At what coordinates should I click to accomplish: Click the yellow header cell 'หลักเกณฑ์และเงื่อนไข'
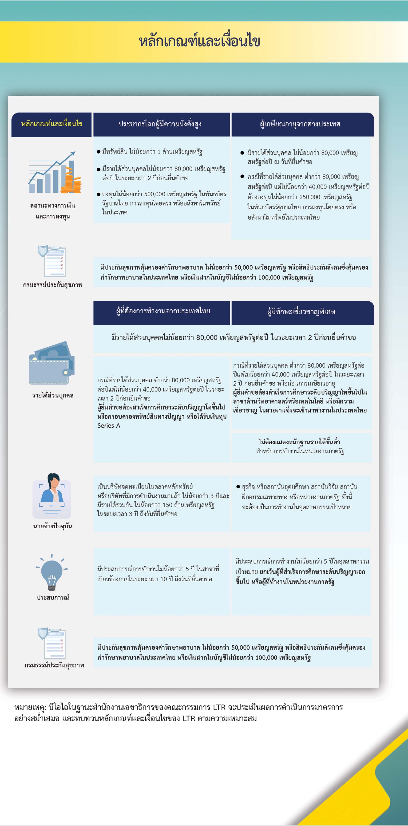(51, 124)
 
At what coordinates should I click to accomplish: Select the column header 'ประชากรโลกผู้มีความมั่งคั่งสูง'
(160, 124)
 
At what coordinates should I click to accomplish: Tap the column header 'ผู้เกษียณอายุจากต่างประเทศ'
(300, 124)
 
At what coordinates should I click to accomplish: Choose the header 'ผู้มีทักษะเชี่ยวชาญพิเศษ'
(301, 312)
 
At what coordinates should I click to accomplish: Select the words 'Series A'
(109, 426)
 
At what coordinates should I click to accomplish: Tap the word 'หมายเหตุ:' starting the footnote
(30, 707)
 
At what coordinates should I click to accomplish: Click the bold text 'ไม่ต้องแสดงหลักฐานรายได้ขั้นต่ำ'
(299, 442)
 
